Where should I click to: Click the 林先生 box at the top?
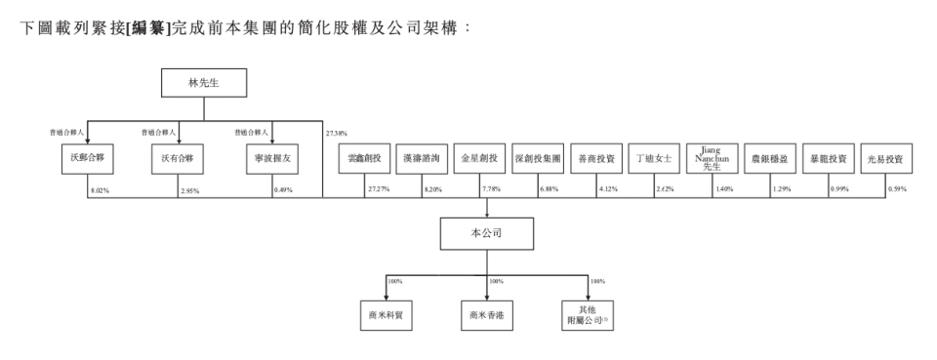click(203, 84)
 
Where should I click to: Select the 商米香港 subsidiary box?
click(487, 314)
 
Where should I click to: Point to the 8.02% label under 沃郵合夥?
click(97, 190)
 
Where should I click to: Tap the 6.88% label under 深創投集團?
click(548, 190)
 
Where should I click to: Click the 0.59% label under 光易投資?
click(895, 190)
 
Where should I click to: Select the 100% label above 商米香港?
click(497, 281)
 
